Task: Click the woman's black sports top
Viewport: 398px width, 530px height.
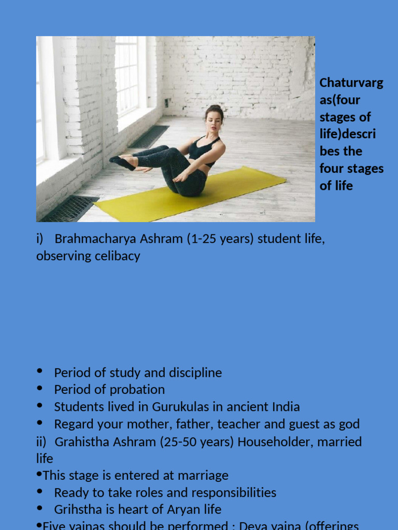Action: point(201,150)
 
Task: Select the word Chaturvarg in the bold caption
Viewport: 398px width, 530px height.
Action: point(351,83)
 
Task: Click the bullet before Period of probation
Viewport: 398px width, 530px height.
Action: point(40,388)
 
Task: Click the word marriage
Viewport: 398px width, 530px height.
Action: point(203,475)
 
